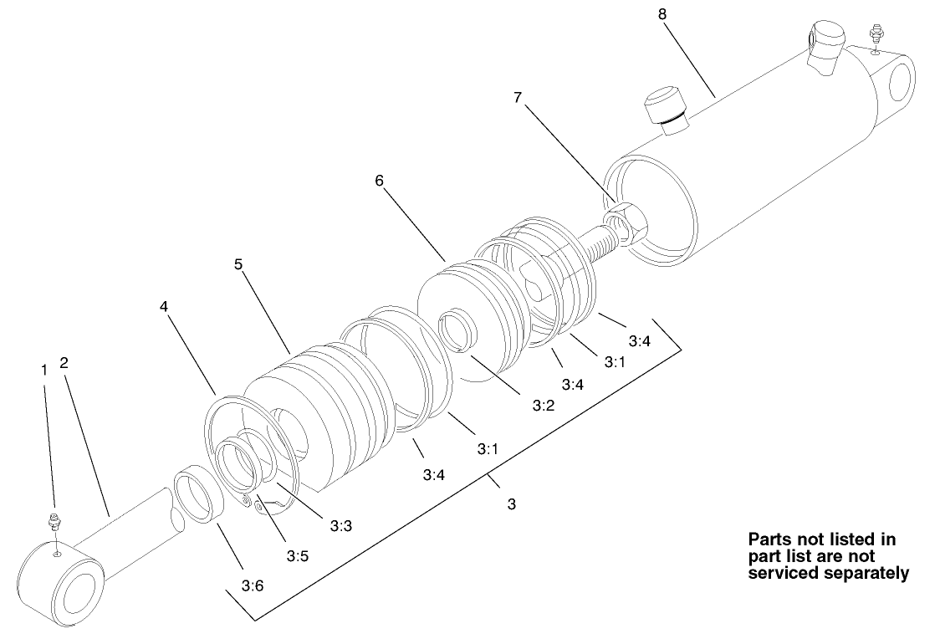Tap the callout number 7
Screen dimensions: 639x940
[519, 98]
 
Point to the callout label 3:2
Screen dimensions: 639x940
[543, 405]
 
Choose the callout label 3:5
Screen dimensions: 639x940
[299, 555]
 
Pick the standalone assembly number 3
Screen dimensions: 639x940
[512, 504]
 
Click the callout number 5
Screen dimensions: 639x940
[238, 263]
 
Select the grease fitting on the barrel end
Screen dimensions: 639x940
[876, 36]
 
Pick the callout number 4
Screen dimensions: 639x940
[164, 306]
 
